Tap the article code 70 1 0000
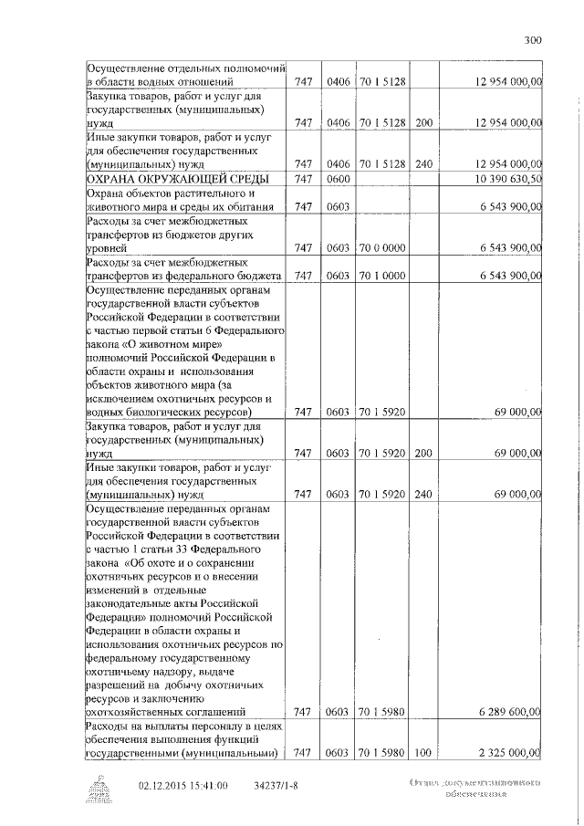[381, 276]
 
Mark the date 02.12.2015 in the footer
[162, 784]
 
